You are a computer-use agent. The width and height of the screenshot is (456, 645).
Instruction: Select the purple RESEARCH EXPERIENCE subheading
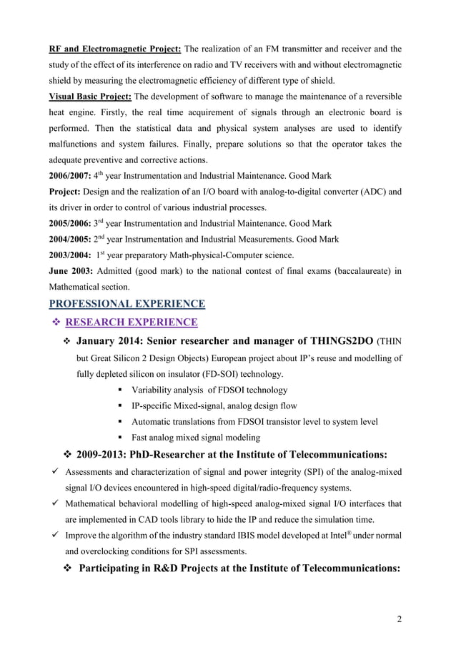point(132,322)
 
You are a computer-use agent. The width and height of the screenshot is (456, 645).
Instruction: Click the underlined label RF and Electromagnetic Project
point(114,49)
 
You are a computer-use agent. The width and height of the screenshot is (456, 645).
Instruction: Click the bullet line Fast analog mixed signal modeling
point(196,438)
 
